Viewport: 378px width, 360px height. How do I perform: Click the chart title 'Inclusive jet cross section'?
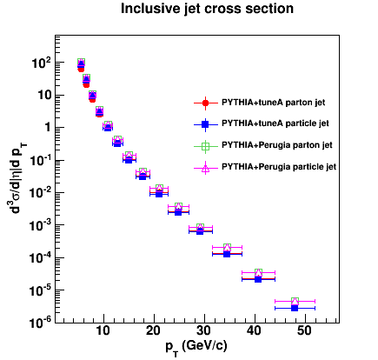point(207,9)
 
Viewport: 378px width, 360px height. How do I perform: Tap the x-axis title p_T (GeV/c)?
point(196,346)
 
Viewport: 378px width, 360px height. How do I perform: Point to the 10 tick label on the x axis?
point(103,330)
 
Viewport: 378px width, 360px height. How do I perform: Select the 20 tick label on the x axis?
point(154,330)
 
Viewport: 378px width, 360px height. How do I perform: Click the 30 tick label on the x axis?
point(204,330)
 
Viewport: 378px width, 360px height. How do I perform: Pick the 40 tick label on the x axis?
point(255,330)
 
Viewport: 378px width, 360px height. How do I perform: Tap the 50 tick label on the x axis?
point(305,330)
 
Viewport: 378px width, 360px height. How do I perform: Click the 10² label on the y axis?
point(41,63)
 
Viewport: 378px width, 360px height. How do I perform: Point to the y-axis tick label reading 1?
point(47,128)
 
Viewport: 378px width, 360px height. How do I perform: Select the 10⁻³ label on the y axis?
point(40,226)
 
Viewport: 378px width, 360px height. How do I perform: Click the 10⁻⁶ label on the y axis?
point(40,323)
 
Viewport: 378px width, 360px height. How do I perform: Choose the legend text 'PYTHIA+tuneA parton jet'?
point(273,103)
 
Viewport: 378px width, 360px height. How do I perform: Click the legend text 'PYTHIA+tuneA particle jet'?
point(275,123)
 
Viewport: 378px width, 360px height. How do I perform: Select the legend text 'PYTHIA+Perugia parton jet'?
point(277,145)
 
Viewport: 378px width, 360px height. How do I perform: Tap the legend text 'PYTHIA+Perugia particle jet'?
point(279,167)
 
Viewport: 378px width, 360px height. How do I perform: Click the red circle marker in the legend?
point(205,103)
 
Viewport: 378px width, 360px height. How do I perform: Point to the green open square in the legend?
point(205,146)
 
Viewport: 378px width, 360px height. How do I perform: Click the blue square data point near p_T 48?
point(295,308)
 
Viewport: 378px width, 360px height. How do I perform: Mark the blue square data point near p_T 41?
point(258,279)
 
